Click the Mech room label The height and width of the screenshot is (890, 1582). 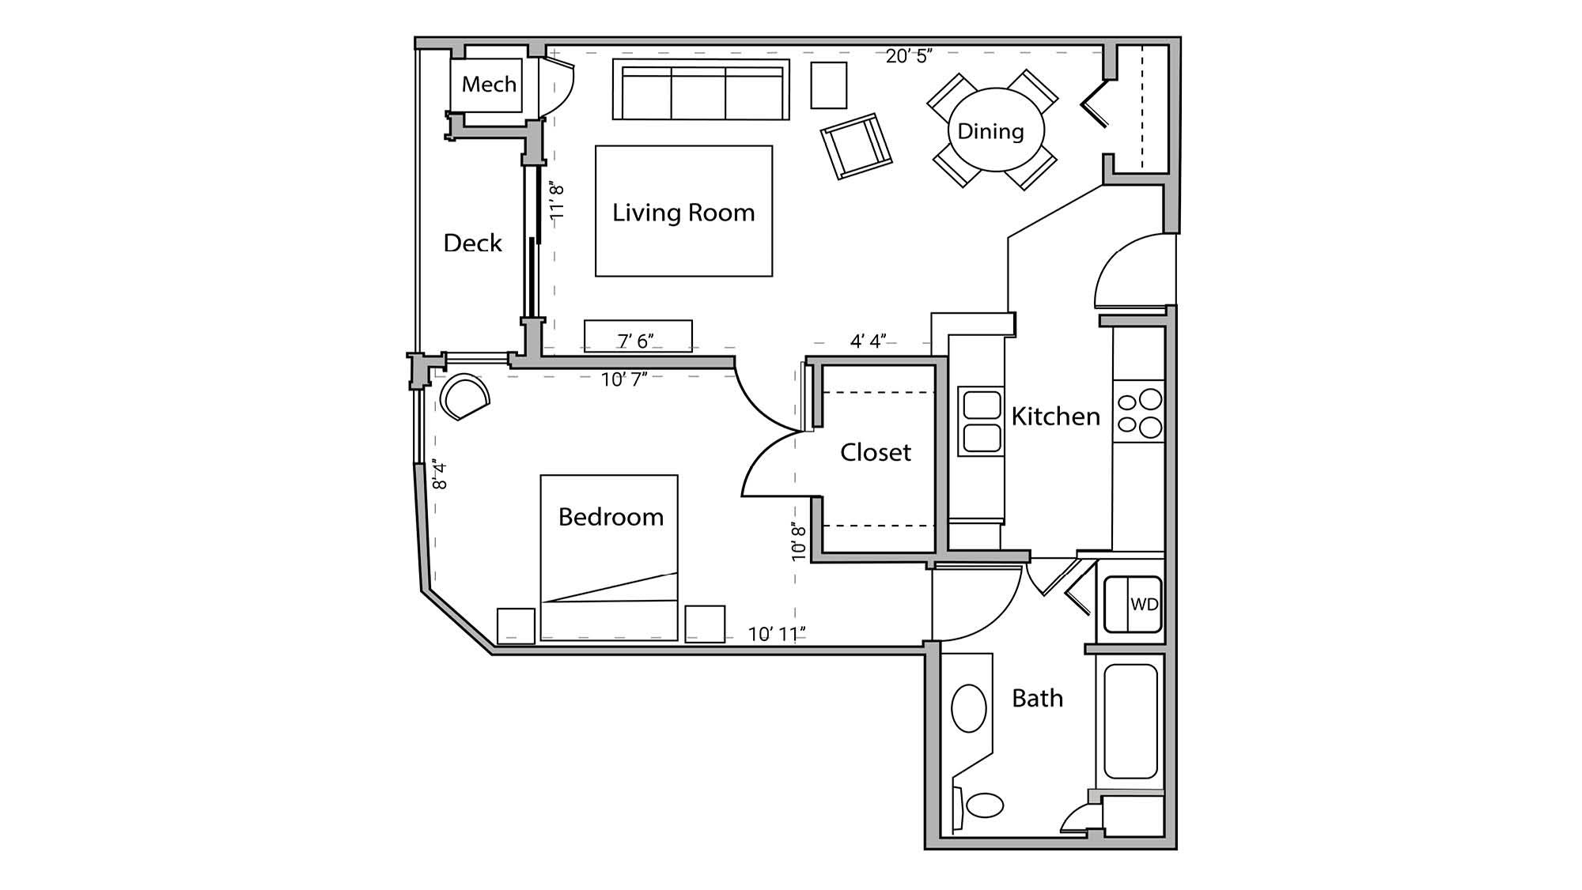(489, 85)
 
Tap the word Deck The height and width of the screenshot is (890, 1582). (472, 243)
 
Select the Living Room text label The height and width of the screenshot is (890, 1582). (683, 213)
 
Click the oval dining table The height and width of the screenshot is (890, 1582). (995, 130)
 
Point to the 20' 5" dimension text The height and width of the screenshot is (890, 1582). (908, 56)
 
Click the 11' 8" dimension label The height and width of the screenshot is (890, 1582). (557, 202)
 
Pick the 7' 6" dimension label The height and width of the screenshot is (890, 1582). (635, 341)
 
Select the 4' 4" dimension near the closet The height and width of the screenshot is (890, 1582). (868, 341)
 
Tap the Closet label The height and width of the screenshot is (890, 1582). (875, 452)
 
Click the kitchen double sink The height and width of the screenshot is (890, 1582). (982, 421)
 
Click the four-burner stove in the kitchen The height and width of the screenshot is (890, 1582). (1139, 413)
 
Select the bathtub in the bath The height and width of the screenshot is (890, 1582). (1131, 721)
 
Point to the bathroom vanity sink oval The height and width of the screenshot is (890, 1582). (968, 708)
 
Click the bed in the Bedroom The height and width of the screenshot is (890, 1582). (609, 557)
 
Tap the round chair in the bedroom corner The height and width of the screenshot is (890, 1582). (464, 398)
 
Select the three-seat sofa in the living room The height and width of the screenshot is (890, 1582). (701, 91)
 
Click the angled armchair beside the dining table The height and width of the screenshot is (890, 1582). (856, 146)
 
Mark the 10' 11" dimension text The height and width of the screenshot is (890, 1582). (776, 634)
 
